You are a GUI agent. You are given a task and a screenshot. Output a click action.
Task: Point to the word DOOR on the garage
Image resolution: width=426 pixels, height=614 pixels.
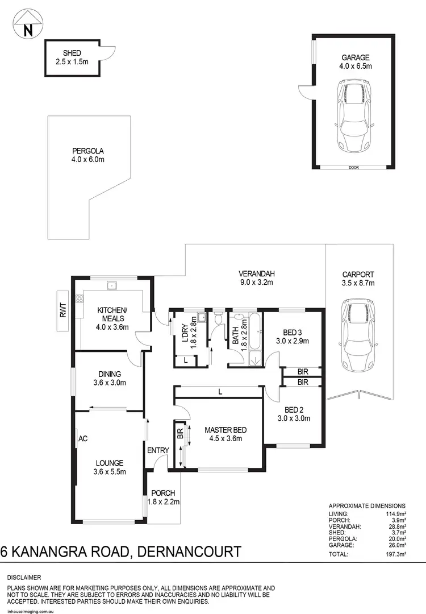354,167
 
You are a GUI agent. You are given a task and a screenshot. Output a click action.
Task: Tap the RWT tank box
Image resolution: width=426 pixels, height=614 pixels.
63,310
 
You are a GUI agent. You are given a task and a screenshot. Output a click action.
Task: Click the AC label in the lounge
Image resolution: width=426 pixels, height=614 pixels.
82,438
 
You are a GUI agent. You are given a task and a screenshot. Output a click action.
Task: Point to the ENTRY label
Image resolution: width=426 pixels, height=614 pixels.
158,451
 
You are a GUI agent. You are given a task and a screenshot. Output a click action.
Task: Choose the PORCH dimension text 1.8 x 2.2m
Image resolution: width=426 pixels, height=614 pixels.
164,501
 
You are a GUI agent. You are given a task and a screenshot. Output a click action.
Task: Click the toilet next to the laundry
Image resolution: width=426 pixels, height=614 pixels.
218,320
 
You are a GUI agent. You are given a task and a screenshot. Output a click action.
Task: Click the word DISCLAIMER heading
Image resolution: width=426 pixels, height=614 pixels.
24,577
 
